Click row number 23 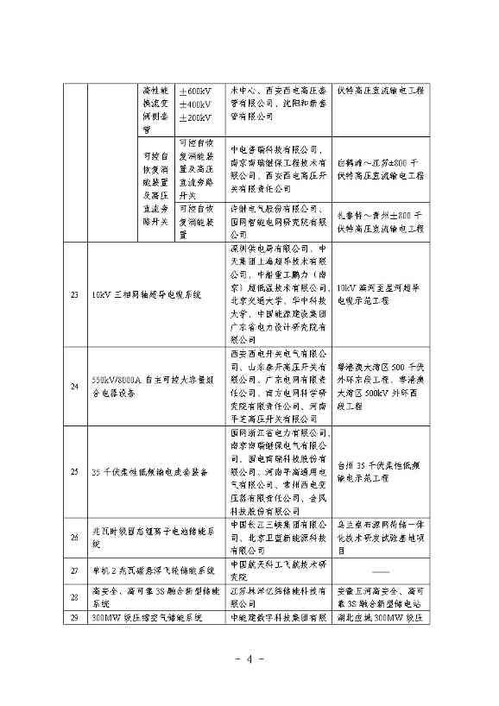tap(74, 295)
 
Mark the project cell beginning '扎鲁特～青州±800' tap(380, 222)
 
